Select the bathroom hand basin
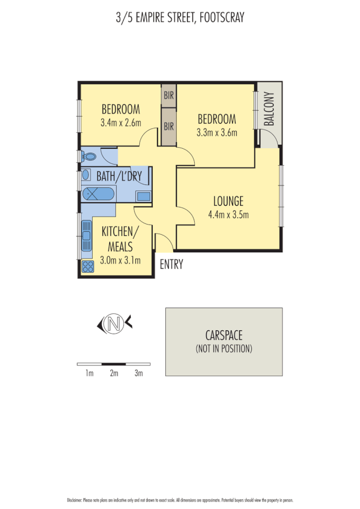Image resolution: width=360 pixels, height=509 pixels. (86, 175)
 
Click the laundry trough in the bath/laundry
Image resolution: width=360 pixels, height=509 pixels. (143, 196)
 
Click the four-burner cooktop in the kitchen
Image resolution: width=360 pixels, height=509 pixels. (88, 266)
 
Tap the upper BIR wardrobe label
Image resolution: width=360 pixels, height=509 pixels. (169, 96)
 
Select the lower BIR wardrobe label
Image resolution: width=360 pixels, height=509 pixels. (169, 127)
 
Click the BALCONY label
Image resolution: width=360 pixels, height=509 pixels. (269, 109)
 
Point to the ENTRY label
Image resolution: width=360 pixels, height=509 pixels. (172, 264)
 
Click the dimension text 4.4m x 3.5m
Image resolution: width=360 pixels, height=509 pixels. (229, 214)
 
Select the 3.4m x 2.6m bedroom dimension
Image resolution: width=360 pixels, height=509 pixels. (121, 123)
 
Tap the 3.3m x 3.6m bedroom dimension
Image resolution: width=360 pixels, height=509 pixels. (216, 132)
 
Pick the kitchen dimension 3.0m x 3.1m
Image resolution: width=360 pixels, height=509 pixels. (120, 260)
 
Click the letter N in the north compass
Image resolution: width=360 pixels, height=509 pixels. (115, 324)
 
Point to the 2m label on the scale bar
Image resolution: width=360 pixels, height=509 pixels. (114, 373)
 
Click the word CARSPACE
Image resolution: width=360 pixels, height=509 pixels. (224, 335)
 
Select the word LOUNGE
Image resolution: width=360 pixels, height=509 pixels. (228, 201)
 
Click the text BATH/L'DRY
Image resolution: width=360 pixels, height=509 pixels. (119, 176)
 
